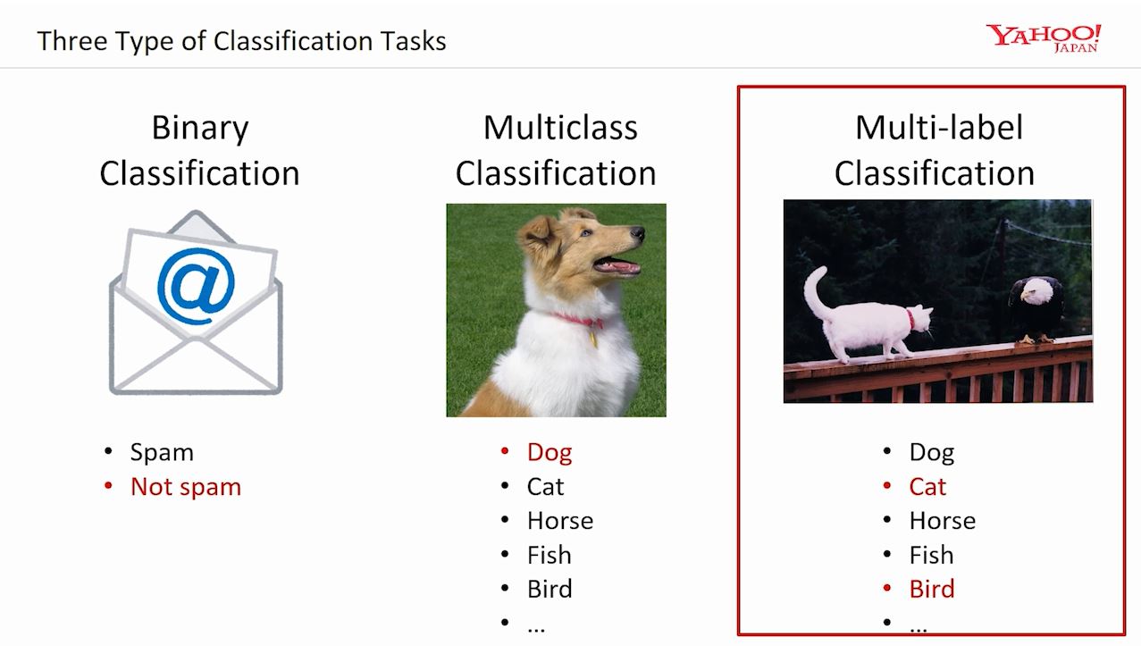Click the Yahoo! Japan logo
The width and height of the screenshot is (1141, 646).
(x=1043, y=38)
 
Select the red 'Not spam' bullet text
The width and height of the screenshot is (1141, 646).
(x=186, y=487)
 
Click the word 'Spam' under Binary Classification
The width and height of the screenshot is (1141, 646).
(x=162, y=453)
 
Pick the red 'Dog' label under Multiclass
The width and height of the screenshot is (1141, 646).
(x=550, y=453)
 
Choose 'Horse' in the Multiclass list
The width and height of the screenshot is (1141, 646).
(x=560, y=521)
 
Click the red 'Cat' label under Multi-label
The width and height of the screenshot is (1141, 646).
(x=927, y=487)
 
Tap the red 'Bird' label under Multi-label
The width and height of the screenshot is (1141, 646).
(x=932, y=590)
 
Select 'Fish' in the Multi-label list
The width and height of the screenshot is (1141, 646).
(x=931, y=556)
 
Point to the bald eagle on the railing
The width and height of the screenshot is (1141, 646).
(x=1036, y=308)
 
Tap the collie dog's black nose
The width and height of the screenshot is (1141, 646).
(x=637, y=234)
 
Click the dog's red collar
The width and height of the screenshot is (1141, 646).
(x=578, y=321)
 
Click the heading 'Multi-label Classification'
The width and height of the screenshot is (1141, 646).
(x=935, y=150)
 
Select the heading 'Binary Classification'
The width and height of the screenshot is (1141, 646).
(x=199, y=150)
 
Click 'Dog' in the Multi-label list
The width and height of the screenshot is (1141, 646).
(x=932, y=453)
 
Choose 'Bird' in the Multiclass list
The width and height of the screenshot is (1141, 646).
(x=550, y=590)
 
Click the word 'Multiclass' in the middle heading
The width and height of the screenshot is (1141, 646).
(x=560, y=128)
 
